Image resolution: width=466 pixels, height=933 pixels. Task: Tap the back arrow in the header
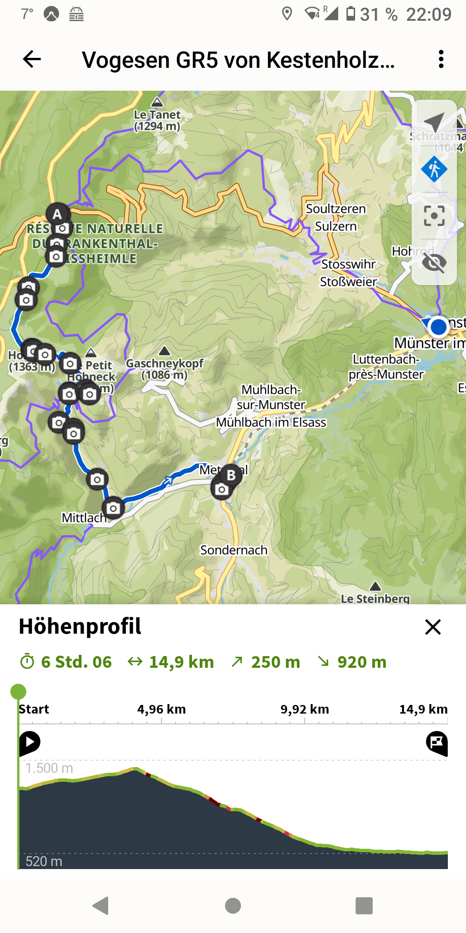(32, 59)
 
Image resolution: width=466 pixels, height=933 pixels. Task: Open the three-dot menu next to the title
(441, 59)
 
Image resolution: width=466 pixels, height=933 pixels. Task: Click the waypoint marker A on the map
(57, 214)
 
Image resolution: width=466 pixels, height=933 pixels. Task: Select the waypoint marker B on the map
(231, 475)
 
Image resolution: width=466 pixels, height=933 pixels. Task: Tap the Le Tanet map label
(157, 120)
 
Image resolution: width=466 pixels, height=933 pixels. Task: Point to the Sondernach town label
(233, 550)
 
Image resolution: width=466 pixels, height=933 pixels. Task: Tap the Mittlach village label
(84, 517)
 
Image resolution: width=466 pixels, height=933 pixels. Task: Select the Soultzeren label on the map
(336, 209)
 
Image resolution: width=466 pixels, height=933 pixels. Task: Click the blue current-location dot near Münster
(438, 327)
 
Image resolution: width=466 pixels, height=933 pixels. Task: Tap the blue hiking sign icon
(434, 169)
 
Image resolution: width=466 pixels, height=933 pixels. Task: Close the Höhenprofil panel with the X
(433, 627)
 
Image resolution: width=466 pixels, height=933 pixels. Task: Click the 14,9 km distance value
(181, 662)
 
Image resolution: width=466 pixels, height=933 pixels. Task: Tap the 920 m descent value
(362, 662)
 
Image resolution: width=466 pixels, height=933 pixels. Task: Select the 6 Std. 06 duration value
(76, 662)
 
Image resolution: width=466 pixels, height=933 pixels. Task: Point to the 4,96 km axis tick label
(161, 709)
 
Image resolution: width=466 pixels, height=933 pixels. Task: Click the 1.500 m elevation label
(49, 768)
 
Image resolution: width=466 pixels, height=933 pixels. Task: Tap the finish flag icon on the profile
(437, 743)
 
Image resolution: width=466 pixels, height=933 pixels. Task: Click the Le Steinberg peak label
(375, 598)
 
